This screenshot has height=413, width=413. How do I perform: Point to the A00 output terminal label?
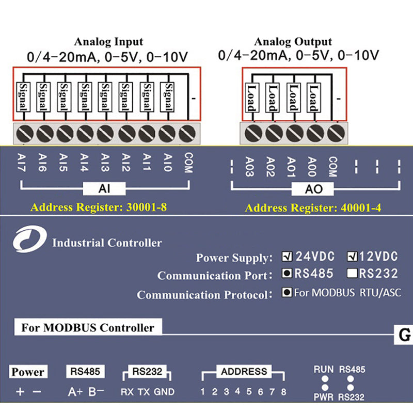pyautogui.click(x=311, y=167)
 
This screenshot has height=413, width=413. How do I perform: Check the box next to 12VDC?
pyautogui.click(x=353, y=256)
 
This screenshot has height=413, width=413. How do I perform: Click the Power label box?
pyautogui.click(x=28, y=372)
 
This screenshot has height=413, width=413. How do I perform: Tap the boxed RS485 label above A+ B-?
pyautogui.click(x=85, y=371)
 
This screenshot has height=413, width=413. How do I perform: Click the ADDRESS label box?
pyautogui.click(x=244, y=371)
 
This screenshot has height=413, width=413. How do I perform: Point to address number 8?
pyautogui.click(x=283, y=391)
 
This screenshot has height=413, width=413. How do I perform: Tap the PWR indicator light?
pyautogui.click(x=325, y=388)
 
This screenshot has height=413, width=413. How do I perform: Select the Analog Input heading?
pyautogui.click(x=108, y=42)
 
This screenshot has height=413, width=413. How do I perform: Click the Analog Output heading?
pyautogui.click(x=293, y=42)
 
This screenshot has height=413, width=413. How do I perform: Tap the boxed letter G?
pyautogui.click(x=403, y=336)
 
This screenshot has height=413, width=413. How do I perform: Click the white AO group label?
pyautogui.click(x=314, y=189)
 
